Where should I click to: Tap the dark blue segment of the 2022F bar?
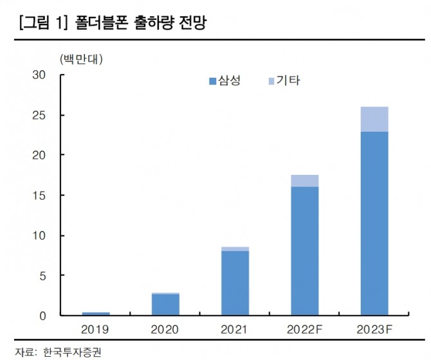[x=304, y=251]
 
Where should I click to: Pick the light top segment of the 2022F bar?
[x=304, y=181]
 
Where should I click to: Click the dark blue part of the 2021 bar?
[x=235, y=283]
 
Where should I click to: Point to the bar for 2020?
[x=165, y=305]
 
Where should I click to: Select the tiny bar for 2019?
[x=96, y=314]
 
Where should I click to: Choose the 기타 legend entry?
[x=283, y=81]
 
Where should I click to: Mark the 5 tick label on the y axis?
[x=42, y=276]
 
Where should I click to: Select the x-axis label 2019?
[x=96, y=329]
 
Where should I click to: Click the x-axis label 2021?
[x=235, y=329]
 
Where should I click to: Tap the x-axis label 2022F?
[x=304, y=329]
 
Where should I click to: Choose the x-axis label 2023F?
[x=374, y=329]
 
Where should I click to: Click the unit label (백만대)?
[x=82, y=60]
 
